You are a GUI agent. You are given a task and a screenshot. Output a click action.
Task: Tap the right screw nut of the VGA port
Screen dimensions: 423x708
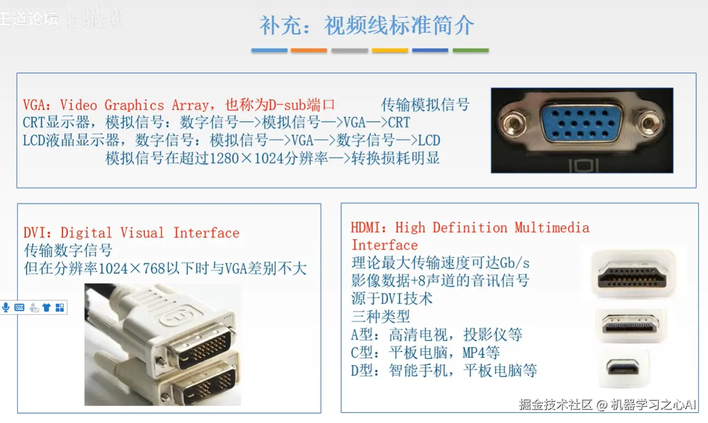pos(649,120)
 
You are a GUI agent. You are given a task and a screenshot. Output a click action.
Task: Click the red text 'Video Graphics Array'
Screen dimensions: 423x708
pos(134,105)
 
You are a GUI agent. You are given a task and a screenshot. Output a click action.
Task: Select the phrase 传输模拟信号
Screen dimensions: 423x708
pos(425,105)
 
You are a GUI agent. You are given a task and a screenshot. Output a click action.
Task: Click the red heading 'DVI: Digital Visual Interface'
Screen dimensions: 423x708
pos(131,233)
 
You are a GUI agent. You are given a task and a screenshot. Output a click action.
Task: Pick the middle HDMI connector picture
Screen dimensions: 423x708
pos(630,325)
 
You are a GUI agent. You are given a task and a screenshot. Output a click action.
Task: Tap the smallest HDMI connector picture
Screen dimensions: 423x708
pos(623,368)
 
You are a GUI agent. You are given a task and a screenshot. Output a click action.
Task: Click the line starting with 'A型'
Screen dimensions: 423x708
pos(436,335)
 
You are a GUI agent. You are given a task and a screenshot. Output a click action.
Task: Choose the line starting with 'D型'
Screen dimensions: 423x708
pos(444,370)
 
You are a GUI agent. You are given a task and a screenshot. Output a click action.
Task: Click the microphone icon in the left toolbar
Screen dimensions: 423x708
pos(6,308)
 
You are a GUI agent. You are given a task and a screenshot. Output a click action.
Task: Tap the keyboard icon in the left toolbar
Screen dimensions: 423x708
pos(19,308)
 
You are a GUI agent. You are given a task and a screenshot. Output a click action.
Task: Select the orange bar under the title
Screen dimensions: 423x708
pos(309,50)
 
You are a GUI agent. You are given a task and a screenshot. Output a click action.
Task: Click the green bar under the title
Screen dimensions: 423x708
pos(471,50)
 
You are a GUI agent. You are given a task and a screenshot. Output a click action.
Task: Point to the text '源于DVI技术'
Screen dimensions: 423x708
pos(392,299)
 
